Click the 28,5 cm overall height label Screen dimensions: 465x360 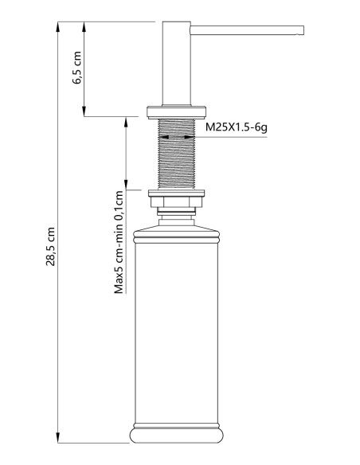50,247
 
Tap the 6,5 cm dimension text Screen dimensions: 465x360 77,70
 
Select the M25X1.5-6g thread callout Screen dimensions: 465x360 237,127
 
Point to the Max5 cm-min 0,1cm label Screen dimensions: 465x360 118,242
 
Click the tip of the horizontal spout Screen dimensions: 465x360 301,30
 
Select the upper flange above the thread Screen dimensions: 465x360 176,111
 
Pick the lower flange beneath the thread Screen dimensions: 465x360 176,193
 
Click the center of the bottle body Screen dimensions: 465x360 176,334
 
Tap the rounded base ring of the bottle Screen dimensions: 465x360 176,436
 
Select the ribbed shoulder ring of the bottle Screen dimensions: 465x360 176,235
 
